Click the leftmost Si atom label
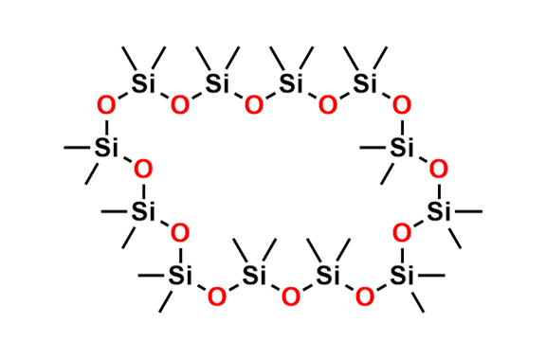[102, 146]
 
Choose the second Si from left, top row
[216, 82]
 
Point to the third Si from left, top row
[291, 83]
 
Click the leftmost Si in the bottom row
[177, 276]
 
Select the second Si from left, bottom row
[252, 276]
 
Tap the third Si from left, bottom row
[327, 276]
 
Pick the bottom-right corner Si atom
[402, 276]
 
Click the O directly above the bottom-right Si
[402, 232]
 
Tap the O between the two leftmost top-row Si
[179, 103]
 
